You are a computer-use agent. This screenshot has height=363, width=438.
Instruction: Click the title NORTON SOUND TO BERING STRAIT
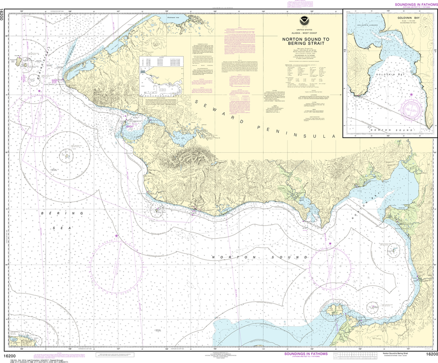pos(302,41)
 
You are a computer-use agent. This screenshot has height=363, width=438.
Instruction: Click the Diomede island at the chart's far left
pos(19,61)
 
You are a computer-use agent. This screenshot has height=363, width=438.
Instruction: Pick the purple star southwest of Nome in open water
pos(116,235)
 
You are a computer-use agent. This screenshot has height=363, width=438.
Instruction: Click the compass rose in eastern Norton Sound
pos(330,269)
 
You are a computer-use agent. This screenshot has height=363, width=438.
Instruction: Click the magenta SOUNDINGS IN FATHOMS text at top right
pos(412,5)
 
